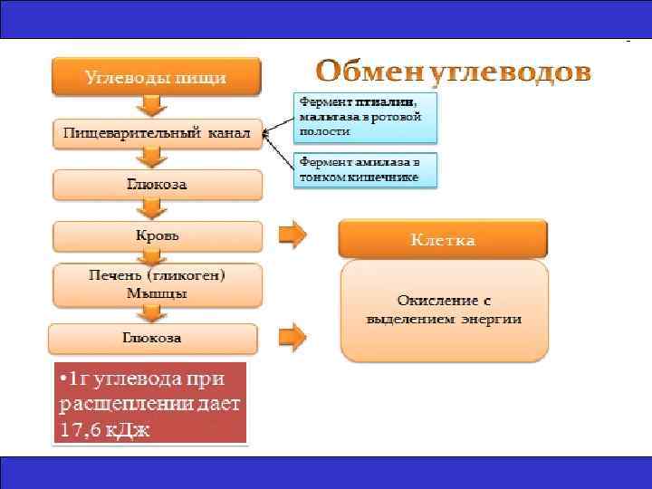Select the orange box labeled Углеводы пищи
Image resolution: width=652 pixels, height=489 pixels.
[x=156, y=77]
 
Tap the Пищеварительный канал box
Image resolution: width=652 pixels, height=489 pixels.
[x=157, y=133]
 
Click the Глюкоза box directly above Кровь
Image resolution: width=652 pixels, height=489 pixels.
[x=157, y=184]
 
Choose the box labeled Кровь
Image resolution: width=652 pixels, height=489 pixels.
[x=157, y=235]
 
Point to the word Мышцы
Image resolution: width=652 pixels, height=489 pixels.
[x=157, y=293]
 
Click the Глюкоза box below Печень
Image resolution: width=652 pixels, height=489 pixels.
[x=152, y=338]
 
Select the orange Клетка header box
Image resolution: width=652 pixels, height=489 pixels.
[x=443, y=240]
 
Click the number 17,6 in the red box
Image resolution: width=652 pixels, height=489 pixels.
[x=85, y=430]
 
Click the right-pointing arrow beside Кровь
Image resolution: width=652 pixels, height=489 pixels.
[x=292, y=235]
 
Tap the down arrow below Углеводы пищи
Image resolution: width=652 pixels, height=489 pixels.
[x=157, y=105]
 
